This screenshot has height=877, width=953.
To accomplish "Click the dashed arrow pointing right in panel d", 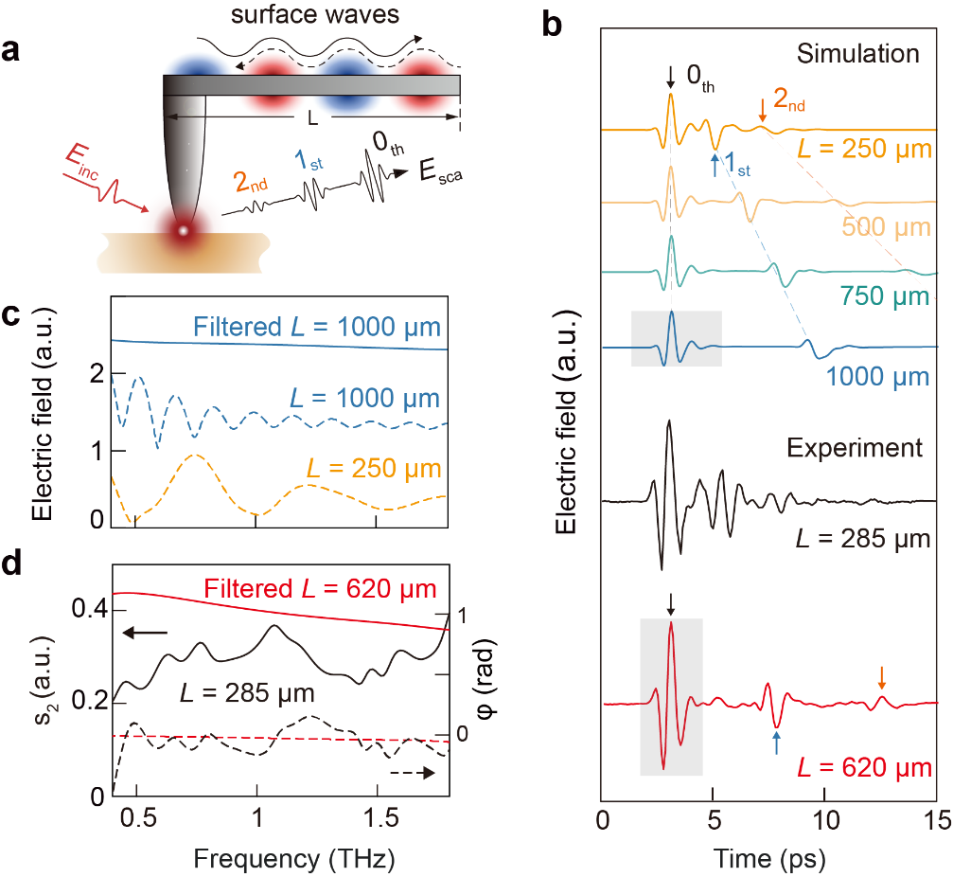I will click(413, 774).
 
